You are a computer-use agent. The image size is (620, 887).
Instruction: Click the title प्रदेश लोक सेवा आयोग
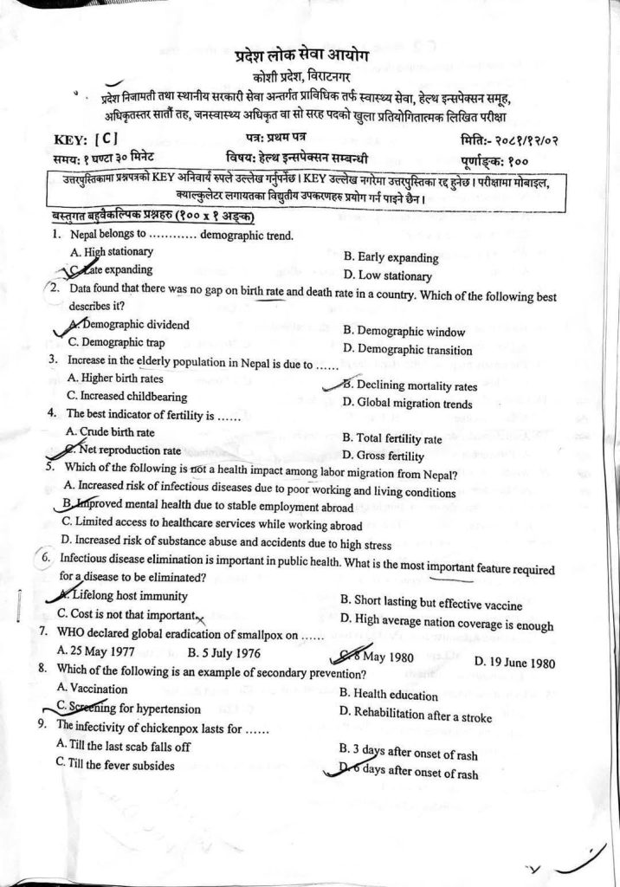(301, 57)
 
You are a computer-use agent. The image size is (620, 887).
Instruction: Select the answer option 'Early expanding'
(391, 257)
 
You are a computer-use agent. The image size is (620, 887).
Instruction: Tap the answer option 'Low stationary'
(387, 276)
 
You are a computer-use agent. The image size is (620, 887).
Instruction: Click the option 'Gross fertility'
(384, 456)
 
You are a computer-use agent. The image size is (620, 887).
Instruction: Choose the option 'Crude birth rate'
(111, 431)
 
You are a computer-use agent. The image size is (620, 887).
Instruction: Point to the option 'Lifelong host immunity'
(128, 596)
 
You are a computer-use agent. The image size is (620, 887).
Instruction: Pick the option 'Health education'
(389, 695)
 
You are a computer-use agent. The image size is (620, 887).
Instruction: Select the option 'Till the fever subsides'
(114, 765)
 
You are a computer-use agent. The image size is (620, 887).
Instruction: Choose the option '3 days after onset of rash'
(409, 754)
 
